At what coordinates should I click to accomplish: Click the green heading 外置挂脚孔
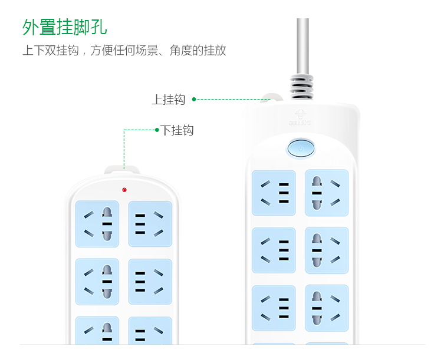click(x=64, y=27)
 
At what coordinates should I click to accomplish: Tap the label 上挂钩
click(x=169, y=100)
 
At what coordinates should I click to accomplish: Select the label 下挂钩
click(x=177, y=130)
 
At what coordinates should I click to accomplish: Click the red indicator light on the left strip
click(x=124, y=190)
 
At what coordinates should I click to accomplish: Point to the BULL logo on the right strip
click(x=301, y=118)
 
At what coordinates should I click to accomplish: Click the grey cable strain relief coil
click(x=301, y=87)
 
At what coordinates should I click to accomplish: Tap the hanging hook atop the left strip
click(x=121, y=170)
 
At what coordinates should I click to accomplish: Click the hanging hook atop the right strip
click(x=272, y=98)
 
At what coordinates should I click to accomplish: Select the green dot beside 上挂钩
click(x=194, y=99)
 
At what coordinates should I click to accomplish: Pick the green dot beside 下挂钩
click(x=157, y=130)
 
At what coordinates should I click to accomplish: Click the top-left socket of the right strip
click(x=274, y=193)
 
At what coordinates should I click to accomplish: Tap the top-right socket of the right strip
click(x=327, y=193)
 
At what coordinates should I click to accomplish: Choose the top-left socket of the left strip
click(x=97, y=224)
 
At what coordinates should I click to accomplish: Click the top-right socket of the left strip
click(x=150, y=224)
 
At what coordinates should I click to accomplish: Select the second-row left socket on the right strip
click(x=274, y=250)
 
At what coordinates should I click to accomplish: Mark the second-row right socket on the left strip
click(x=150, y=282)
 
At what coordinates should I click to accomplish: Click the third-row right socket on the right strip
click(x=327, y=308)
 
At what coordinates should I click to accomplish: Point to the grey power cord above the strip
click(x=302, y=46)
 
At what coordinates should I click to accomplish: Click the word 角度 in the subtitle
click(x=180, y=51)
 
